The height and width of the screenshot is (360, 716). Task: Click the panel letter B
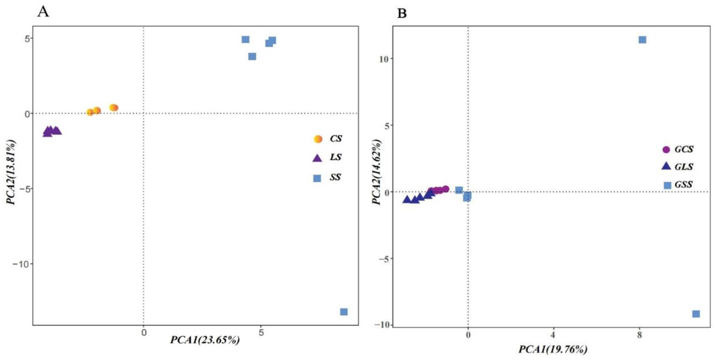click(x=401, y=14)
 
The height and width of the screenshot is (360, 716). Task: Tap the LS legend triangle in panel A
click(x=317, y=158)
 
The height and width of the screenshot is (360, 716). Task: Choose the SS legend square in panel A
click(x=317, y=178)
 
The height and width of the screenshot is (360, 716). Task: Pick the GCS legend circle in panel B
click(x=666, y=150)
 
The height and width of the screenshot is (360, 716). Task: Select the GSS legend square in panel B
click(x=667, y=185)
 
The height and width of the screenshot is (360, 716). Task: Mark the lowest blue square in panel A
click(x=344, y=312)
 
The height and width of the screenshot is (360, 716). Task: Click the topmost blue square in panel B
click(x=642, y=40)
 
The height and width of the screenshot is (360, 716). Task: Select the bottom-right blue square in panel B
click(x=696, y=314)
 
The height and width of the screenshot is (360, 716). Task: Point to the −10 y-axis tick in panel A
click(x=20, y=264)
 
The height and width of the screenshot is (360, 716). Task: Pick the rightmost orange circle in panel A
click(x=114, y=108)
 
